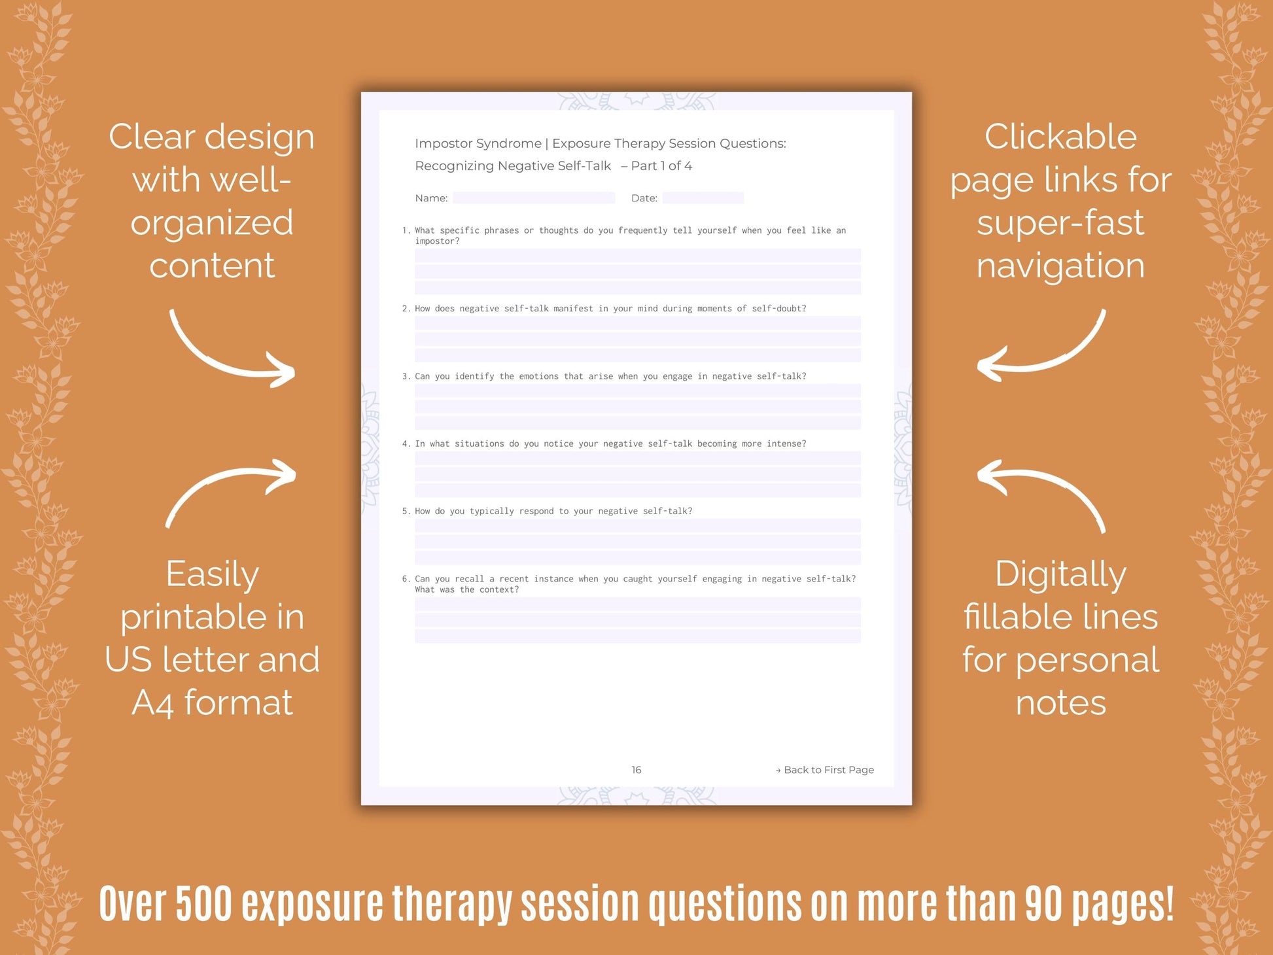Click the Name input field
533,198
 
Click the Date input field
703,198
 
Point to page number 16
636,770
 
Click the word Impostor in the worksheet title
445,143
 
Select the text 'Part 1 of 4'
661,166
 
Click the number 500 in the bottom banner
204,904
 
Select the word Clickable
1060,137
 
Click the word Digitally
1060,574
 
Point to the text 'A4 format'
212,703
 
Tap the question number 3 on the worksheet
405,376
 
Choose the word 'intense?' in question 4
786,443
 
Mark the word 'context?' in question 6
499,589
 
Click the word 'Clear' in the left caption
152,137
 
